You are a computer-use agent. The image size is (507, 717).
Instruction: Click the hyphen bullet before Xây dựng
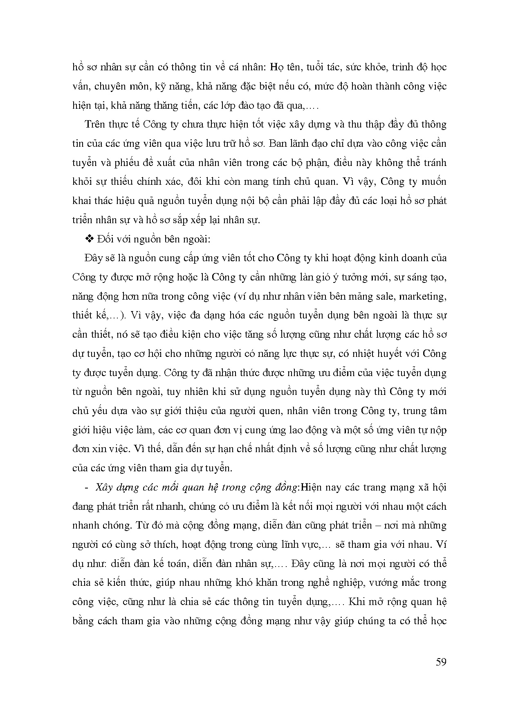click(x=86, y=487)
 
